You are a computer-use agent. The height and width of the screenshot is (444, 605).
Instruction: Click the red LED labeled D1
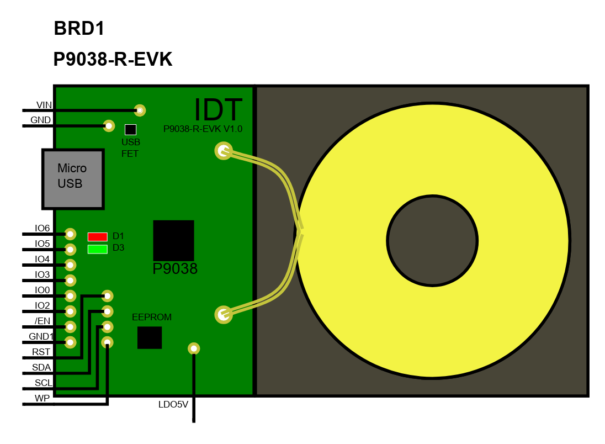(x=98, y=237)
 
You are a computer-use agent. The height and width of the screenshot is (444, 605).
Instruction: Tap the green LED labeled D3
(x=98, y=250)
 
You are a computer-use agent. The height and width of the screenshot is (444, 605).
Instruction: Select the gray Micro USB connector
(x=73, y=179)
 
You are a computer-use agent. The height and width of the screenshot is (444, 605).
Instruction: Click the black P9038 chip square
(x=174, y=241)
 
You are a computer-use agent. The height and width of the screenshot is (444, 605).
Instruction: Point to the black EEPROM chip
(x=150, y=338)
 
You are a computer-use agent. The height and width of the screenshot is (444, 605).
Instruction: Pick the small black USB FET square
(x=130, y=129)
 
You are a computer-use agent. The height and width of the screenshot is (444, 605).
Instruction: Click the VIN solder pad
(x=140, y=110)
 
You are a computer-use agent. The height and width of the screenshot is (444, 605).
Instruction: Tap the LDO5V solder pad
(x=194, y=348)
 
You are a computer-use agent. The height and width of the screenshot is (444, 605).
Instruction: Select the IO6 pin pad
(x=70, y=234)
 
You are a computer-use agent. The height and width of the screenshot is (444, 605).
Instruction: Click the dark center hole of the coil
(x=433, y=241)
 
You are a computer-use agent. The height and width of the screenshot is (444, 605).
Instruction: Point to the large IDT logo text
(x=218, y=110)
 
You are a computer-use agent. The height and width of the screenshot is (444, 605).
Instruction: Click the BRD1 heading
(x=79, y=29)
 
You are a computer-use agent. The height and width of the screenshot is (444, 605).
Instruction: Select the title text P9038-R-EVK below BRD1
(x=113, y=60)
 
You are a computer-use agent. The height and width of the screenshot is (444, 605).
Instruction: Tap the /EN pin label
(x=43, y=321)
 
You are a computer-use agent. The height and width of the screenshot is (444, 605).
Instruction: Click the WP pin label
(x=42, y=398)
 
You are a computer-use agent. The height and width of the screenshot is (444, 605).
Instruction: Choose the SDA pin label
(x=41, y=367)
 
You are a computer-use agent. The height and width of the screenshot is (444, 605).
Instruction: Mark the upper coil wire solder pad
(x=224, y=151)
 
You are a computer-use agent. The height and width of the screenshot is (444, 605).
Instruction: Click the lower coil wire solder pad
(x=224, y=315)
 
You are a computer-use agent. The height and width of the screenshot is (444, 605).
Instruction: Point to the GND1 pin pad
(x=70, y=342)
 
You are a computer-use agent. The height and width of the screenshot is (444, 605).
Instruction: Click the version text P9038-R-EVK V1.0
(x=203, y=129)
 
